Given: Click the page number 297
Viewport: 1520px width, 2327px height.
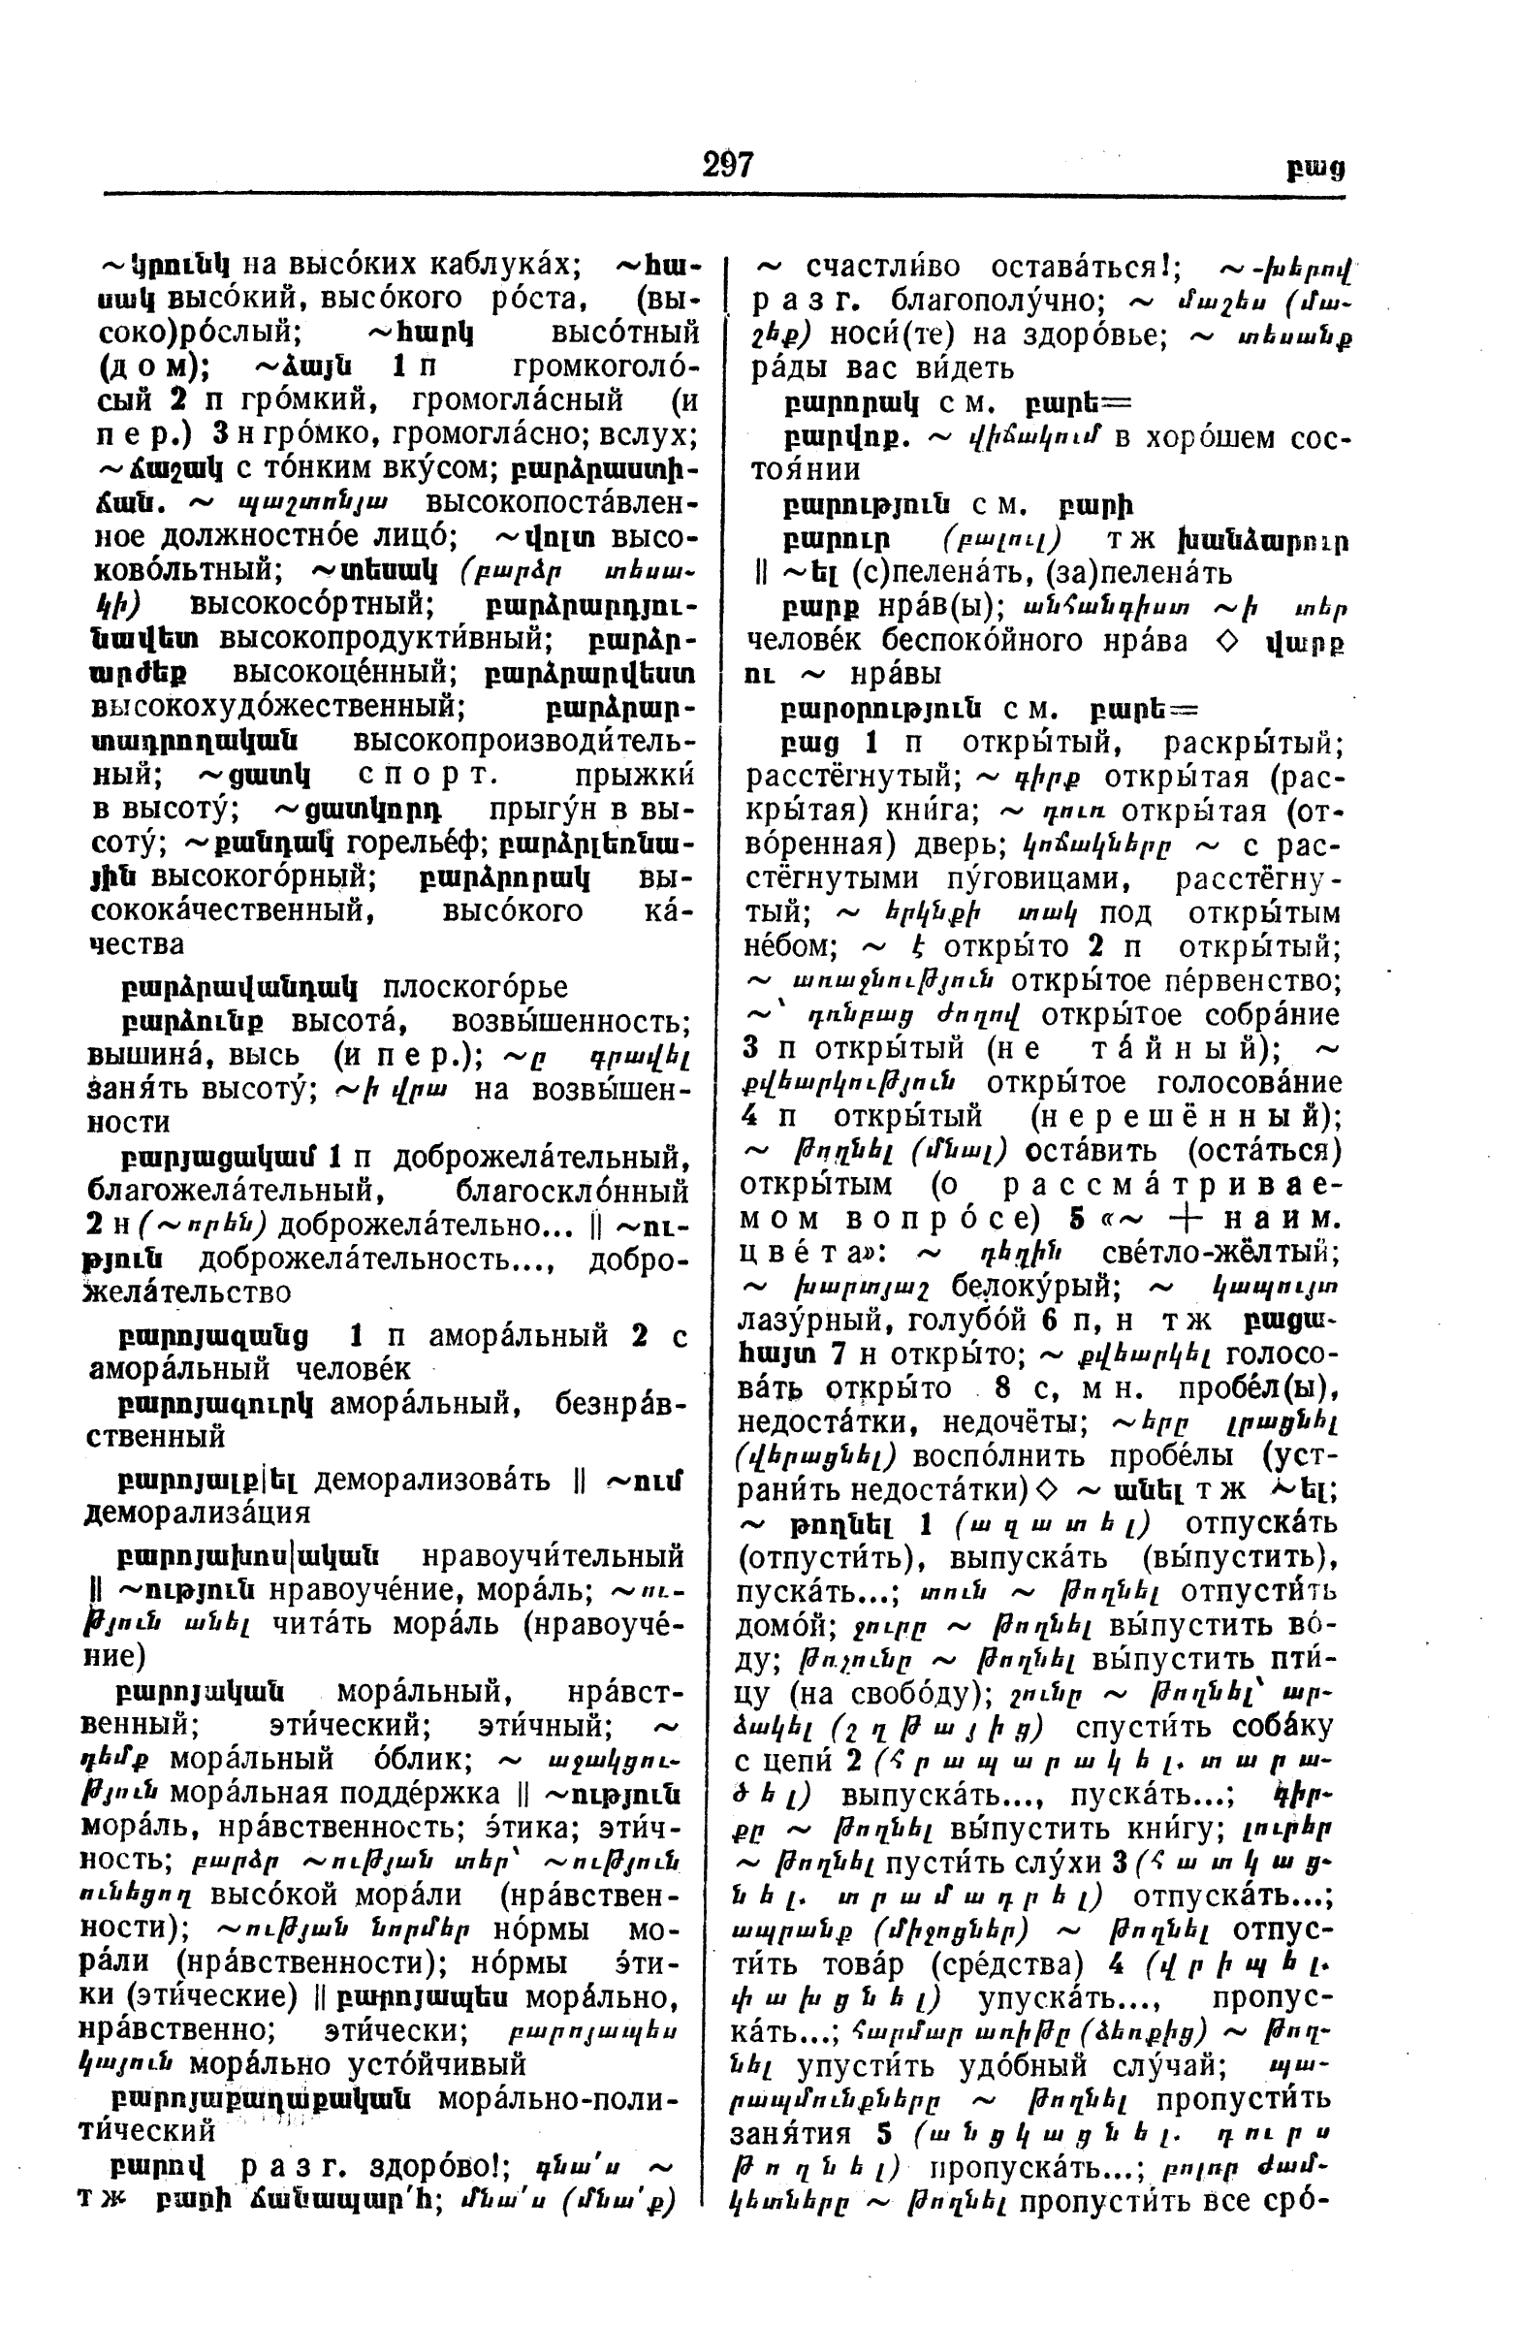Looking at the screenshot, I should coord(727,164).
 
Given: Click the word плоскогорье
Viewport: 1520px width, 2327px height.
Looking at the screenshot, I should coord(475,987).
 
